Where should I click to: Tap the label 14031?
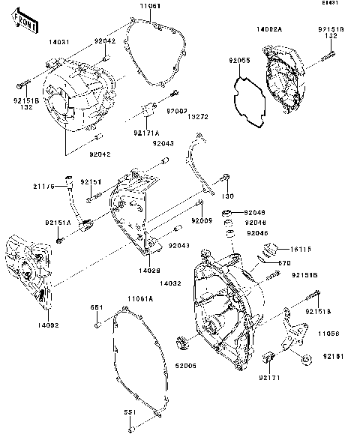(60, 43)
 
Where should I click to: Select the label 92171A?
(145, 133)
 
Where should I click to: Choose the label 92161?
(334, 356)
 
